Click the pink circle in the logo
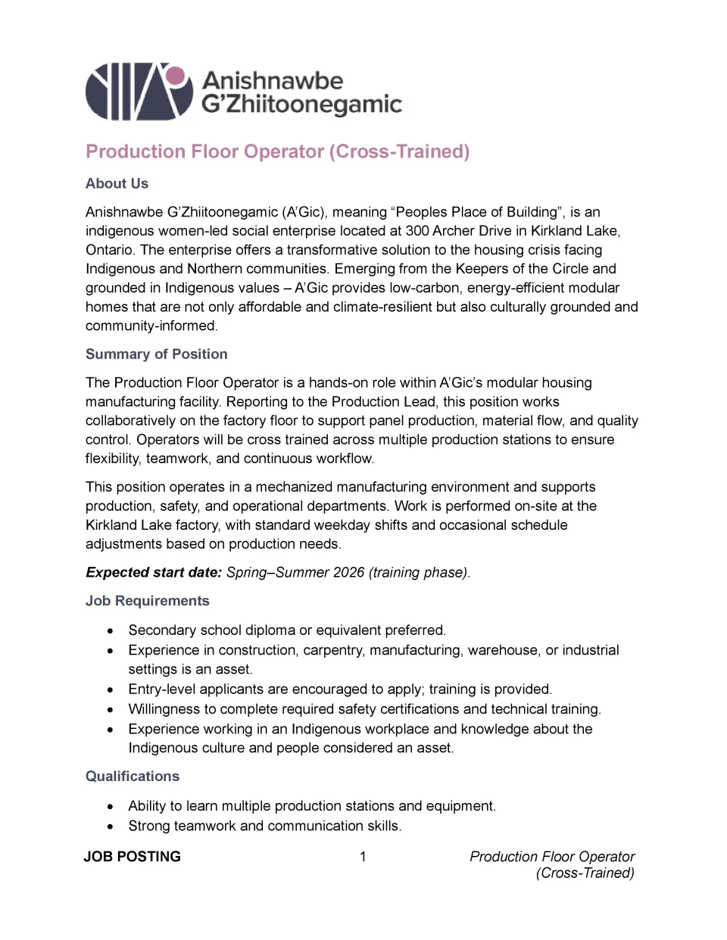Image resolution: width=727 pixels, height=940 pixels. tap(176, 76)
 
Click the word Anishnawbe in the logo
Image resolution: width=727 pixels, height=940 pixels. tap(272, 80)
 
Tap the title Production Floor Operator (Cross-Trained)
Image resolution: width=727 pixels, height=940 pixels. tap(277, 151)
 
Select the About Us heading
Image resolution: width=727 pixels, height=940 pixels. tap(117, 184)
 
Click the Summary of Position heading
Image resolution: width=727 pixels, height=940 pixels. tap(156, 354)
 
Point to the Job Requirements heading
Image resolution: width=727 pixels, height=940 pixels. tap(147, 601)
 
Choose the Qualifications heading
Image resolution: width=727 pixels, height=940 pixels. tap(133, 777)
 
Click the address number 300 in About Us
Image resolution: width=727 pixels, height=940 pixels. tap(417, 231)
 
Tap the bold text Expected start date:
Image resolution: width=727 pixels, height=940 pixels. tap(154, 572)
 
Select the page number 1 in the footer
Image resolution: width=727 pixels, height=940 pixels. tap(363, 857)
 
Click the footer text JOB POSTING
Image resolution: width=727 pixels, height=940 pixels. tap(133, 857)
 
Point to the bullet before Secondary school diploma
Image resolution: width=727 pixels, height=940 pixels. tap(111, 630)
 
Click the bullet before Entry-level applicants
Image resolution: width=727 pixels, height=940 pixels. tap(111, 689)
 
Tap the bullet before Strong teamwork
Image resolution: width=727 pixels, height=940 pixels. tap(111, 826)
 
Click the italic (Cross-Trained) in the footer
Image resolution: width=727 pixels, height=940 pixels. tap(585, 873)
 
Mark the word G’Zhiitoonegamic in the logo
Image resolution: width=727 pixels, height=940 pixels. tap(301, 105)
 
